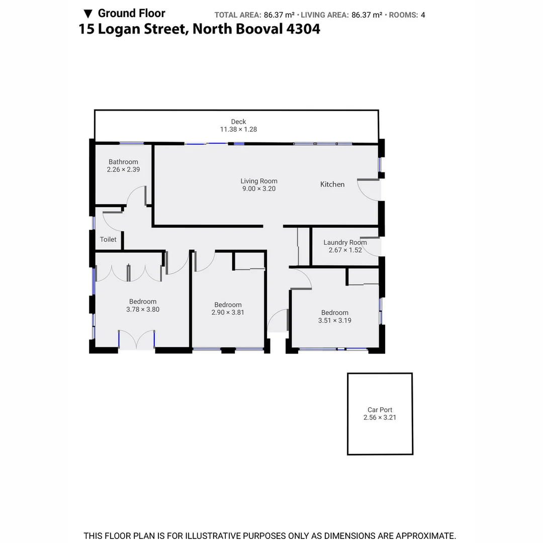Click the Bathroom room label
tap(123, 162)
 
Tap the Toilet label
tap(108, 239)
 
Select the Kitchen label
tap(332, 185)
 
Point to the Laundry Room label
tap(345, 242)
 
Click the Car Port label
tap(380, 410)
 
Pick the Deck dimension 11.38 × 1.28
tap(238, 129)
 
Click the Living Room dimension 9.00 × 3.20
tap(259, 189)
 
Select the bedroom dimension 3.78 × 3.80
tap(143, 310)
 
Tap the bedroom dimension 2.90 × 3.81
tap(228, 312)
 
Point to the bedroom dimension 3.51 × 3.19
tap(335, 320)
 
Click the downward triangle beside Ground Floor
tap(88, 14)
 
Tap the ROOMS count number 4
tap(423, 15)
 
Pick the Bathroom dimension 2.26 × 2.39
tap(123, 169)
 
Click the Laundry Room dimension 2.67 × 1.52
tap(345, 250)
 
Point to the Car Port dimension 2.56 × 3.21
tap(380, 417)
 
